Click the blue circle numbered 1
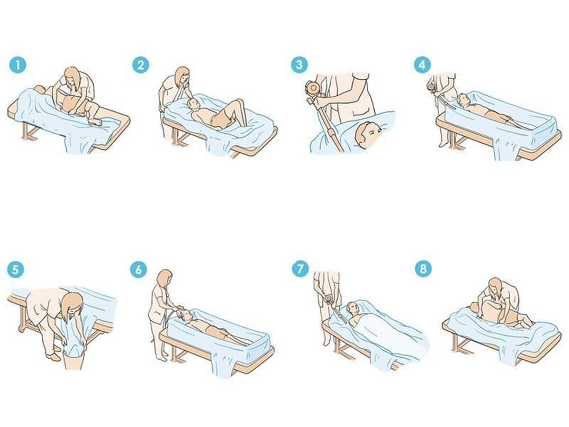click(x=18, y=65)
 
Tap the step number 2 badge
click(x=141, y=65)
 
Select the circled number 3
click(x=299, y=65)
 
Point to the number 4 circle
click(x=422, y=65)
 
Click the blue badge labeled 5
click(x=15, y=269)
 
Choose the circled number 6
click(x=138, y=269)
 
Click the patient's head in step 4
click(x=463, y=100)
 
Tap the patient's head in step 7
click(x=353, y=308)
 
